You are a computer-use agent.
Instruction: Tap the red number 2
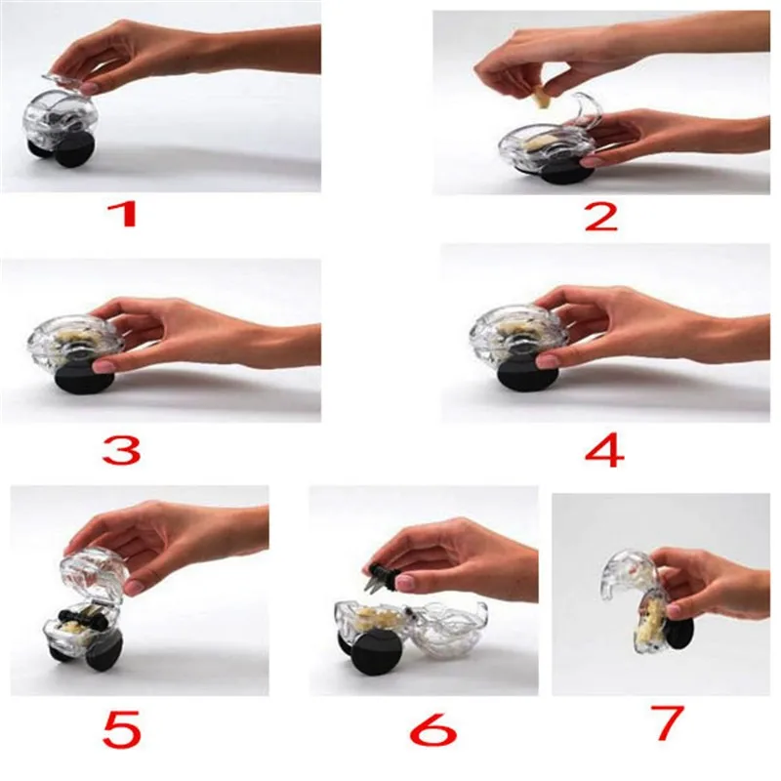coord(601,217)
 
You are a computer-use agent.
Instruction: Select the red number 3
coord(122,450)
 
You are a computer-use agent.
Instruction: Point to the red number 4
coord(604,450)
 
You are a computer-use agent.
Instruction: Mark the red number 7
coord(668,721)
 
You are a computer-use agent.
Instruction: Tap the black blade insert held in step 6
coord(384,578)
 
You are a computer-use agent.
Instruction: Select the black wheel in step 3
coord(84,378)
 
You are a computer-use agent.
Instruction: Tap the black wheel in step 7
coord(679,634)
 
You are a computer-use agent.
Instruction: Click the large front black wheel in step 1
coord(74,150)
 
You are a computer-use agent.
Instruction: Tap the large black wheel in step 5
coord(103,648)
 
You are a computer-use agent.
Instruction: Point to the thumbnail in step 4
coord(546,360)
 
